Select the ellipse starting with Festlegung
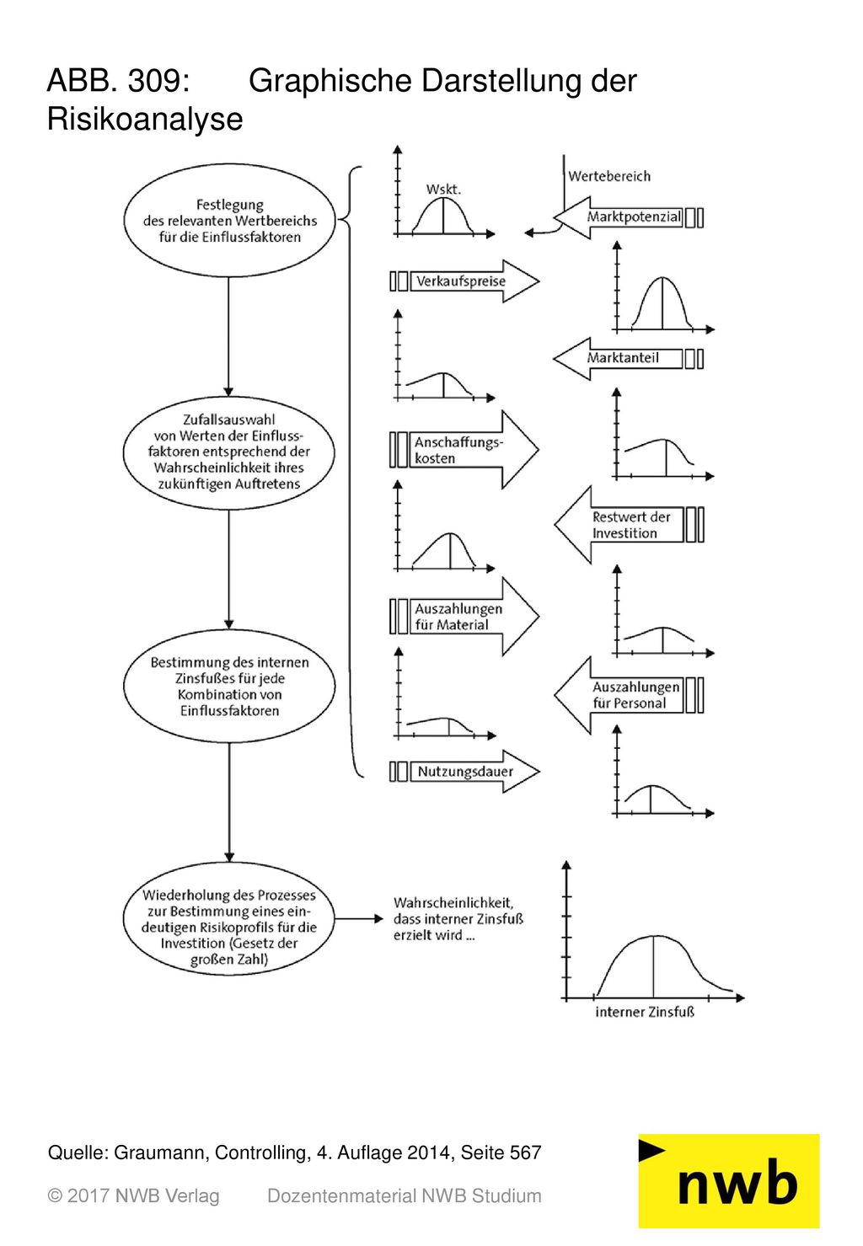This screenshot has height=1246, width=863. tap(229, 220)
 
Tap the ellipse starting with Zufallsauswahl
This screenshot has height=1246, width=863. tap(228, 452)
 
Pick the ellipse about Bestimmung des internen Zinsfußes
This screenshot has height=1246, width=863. tap(229, 686)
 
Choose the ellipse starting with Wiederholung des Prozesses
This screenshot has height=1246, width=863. tap(229, 919)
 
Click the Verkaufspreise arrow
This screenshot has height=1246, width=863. tap(465, 281)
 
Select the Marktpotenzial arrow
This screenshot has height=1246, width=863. tap(628, 217)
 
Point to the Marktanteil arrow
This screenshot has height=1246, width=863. tap(628, 359)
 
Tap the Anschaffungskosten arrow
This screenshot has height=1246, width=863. tap(464, 449)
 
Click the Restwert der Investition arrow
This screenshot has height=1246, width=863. tap(630, 525)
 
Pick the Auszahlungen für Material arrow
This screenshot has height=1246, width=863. tap(464, 617)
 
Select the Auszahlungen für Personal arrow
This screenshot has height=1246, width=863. tap(630, 695)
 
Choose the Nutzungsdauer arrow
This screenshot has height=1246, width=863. tap(465, 772)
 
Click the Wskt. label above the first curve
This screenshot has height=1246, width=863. tap(443, 189)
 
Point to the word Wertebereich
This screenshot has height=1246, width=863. tap(609, 176)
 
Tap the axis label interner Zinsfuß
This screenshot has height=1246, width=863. tap(645, 1012)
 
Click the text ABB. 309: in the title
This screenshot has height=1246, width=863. tap(119, 81)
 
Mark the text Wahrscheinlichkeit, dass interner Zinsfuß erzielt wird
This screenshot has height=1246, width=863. tap(458, 919)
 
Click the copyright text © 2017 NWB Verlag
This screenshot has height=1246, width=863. tap(133, 1196)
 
